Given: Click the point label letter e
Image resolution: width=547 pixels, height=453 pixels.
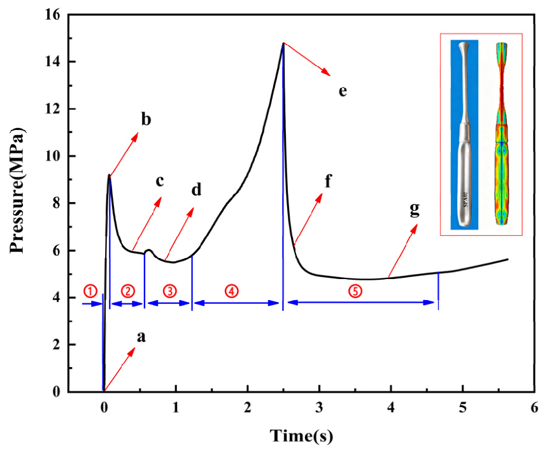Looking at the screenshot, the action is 343,91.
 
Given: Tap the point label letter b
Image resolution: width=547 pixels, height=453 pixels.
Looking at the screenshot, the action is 146,119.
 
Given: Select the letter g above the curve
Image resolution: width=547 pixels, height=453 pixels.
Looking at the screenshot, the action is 415,210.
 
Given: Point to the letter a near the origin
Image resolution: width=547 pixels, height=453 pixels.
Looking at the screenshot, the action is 141,337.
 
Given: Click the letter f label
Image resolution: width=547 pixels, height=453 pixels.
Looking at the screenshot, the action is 328,181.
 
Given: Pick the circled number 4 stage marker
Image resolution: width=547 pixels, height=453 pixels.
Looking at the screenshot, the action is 231,291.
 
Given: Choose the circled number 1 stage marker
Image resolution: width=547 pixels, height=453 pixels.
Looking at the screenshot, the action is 90,291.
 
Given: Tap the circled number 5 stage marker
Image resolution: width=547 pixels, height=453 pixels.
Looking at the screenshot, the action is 355,291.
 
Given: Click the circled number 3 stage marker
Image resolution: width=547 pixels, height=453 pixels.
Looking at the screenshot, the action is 170,291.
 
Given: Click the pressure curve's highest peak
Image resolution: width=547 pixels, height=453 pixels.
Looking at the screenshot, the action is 283,43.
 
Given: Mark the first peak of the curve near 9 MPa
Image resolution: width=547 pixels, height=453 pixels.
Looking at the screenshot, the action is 109,175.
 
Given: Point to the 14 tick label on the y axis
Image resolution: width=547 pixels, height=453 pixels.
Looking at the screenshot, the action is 52,62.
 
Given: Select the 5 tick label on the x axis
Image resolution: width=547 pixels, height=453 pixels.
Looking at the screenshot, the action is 462,407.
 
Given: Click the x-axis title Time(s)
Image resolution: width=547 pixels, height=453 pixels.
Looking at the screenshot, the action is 301,436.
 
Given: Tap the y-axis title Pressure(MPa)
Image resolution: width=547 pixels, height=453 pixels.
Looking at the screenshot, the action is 17,191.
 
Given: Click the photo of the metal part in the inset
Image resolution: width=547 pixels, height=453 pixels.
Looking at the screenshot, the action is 464,134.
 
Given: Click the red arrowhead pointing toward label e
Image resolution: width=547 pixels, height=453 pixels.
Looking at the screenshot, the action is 326,71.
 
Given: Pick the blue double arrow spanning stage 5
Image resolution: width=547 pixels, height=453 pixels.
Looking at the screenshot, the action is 360,303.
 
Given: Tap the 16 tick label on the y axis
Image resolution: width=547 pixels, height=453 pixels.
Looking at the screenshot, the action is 52,15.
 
